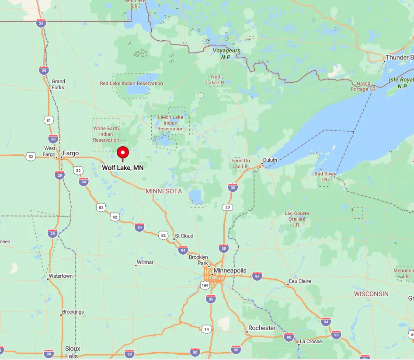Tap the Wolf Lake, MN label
point(123,168)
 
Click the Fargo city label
point(71,153)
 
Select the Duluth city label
point(270,160)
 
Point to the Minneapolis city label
point(230,271)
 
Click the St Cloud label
point(184,236)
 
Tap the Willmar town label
point(145,262)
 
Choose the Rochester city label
point(262,328)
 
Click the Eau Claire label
point(300,281)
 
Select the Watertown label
point(61,276)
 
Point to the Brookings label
point(73,312)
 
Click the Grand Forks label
point(58,84)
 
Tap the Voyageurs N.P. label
point(226,54)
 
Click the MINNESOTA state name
point(164,192)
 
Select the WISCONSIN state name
point(371,294)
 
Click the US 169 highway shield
point(205,285)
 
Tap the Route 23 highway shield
point(227,207)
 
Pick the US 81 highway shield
point(48,120)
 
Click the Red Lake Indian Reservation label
point(131,83)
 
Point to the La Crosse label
point(311,341)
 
